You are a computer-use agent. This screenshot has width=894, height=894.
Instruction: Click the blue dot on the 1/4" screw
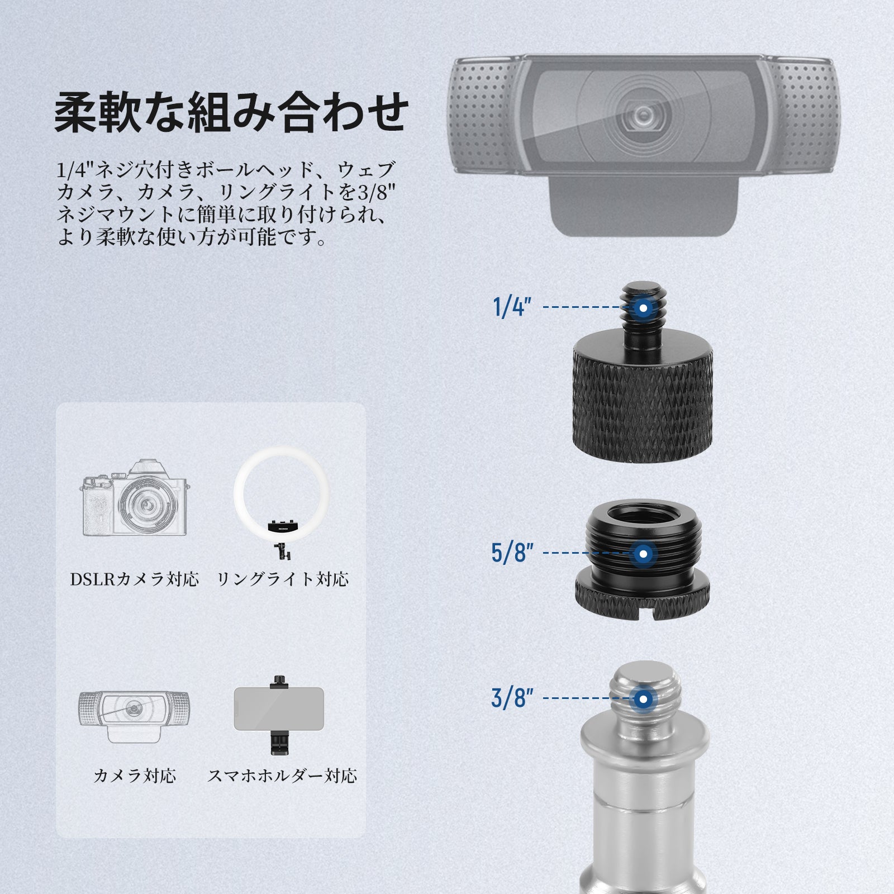tap(644, 307)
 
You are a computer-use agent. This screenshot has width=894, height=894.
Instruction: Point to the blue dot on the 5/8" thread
tap(644, 554)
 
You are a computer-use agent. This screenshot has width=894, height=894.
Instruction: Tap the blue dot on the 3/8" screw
tap(644, 698)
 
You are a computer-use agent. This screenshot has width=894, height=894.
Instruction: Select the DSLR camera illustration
tap(134, 497)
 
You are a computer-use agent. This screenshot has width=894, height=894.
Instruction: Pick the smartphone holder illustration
tap(279, 716)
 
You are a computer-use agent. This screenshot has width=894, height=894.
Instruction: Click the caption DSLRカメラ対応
tap(135, 579)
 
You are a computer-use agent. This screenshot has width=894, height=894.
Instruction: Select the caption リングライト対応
tap(283, 579)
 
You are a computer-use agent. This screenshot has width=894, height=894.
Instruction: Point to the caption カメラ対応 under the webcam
tap(135, 776)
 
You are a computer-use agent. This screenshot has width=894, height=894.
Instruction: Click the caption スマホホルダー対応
tap(282, 776)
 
